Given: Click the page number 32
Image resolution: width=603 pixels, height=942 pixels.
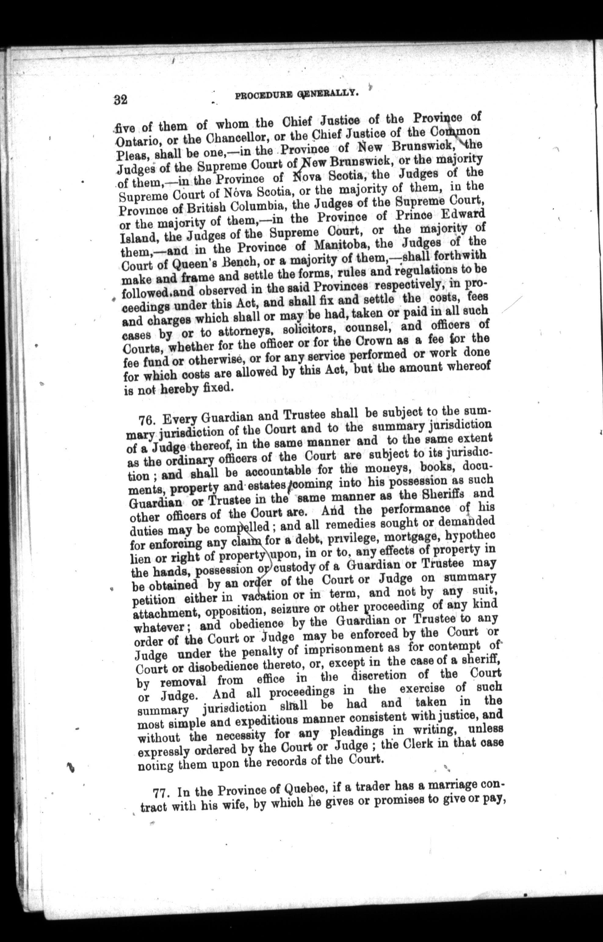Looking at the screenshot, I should [121, 100].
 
